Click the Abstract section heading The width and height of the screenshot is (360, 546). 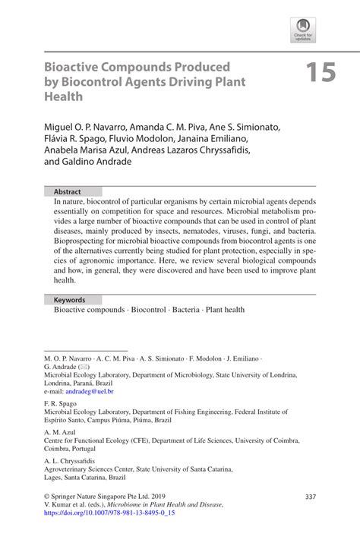66,192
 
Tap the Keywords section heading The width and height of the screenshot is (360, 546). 68,299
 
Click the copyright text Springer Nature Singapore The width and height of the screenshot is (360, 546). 99,497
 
